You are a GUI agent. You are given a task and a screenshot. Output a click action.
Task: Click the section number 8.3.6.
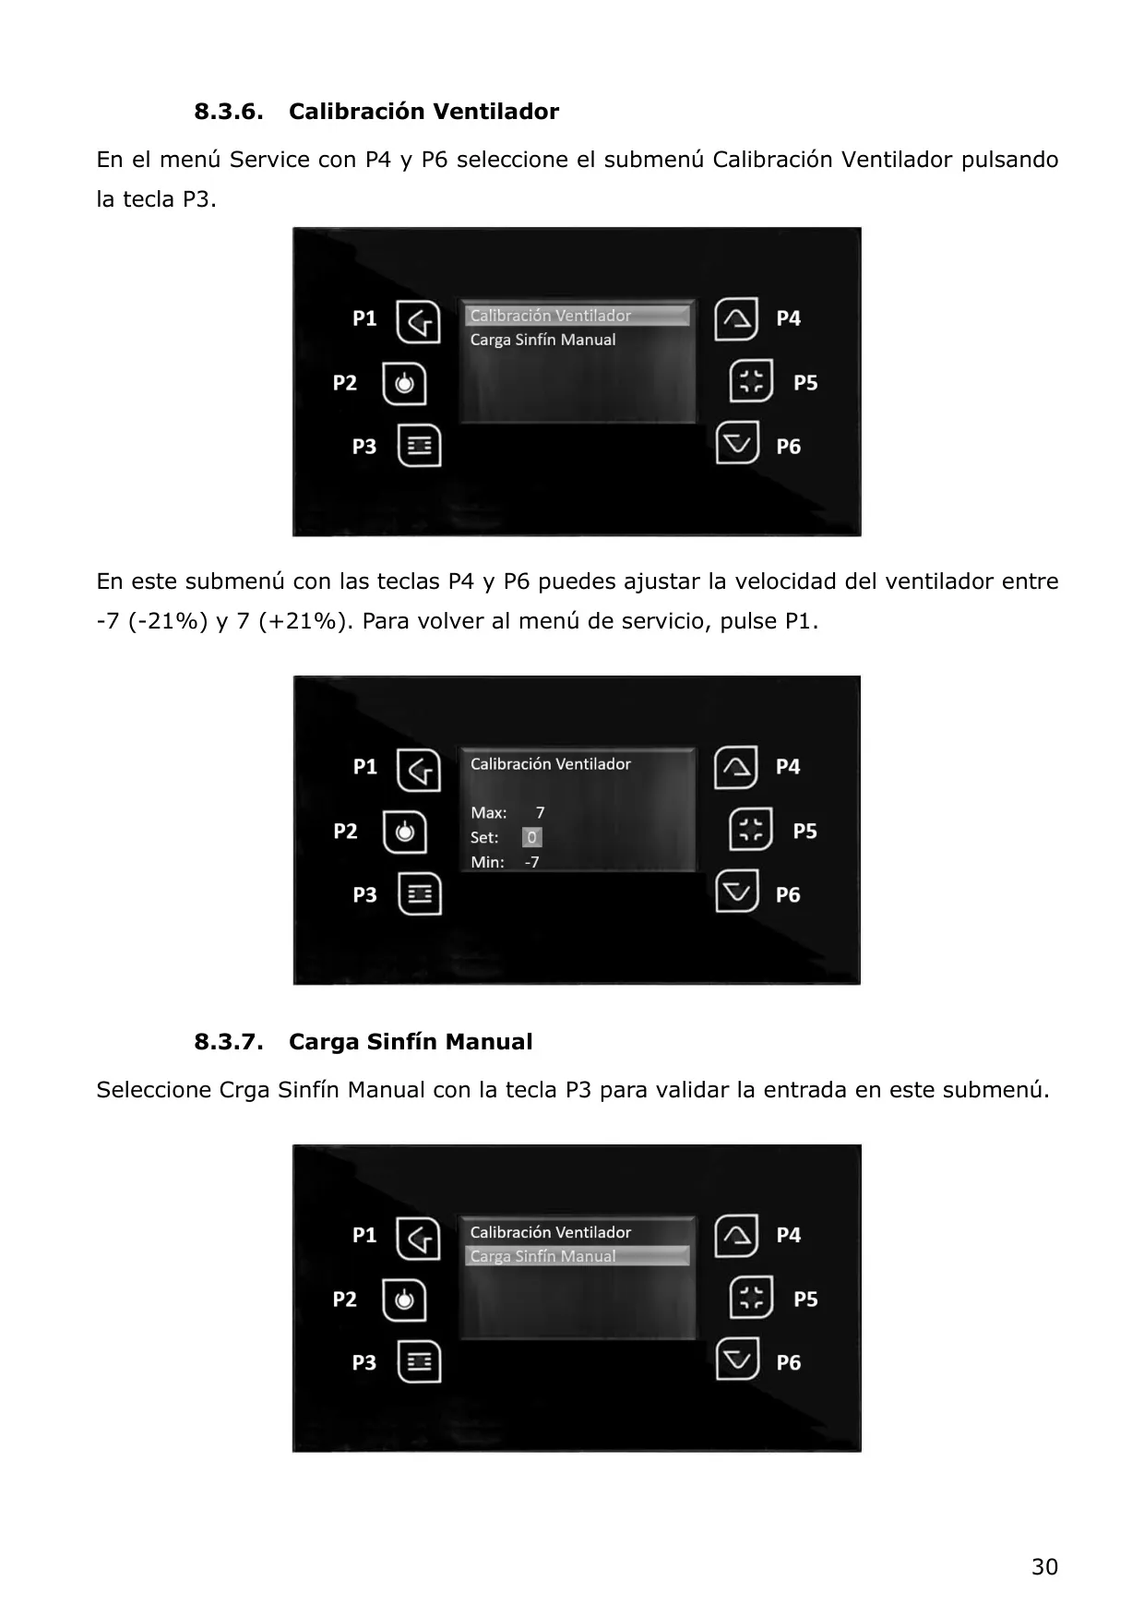tap(228, 112)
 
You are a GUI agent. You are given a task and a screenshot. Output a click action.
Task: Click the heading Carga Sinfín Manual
tap(411, 1042)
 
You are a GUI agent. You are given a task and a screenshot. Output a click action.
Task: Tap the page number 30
tap(1044, 1566)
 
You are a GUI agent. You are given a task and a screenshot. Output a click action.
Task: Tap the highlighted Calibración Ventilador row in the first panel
tap(578, 316)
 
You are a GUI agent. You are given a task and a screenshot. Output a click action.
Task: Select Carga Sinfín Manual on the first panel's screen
tap(542, 340)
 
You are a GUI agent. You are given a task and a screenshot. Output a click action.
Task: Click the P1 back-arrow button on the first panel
tap(418, 321)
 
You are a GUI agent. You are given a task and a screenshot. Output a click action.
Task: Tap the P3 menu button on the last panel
tap(419, 1361)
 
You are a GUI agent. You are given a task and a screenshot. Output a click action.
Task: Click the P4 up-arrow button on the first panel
tap(736, 318)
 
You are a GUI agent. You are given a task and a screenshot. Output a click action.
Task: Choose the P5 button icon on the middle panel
tap(751, 830)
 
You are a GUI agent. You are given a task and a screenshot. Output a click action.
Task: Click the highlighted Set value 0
tap(531, 837)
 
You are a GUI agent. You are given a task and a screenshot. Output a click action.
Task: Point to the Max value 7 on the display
tap(540, 813)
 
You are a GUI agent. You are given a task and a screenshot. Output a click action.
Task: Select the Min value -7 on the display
tap(531, 862)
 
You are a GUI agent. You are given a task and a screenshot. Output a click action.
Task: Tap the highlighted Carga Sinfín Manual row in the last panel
tap(578, 1256)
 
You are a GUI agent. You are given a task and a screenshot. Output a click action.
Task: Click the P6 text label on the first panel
tap(788, 447)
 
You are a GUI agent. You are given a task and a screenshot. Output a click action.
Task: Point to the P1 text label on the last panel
tap(364, 1235)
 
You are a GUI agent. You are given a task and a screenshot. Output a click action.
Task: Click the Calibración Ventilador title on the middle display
tap(550, 764)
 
